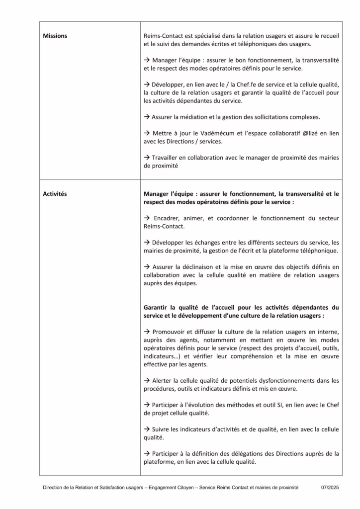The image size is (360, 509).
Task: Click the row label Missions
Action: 55,36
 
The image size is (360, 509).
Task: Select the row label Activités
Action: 55,194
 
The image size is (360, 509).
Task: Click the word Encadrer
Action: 170,218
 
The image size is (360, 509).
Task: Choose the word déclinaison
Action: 199,266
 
